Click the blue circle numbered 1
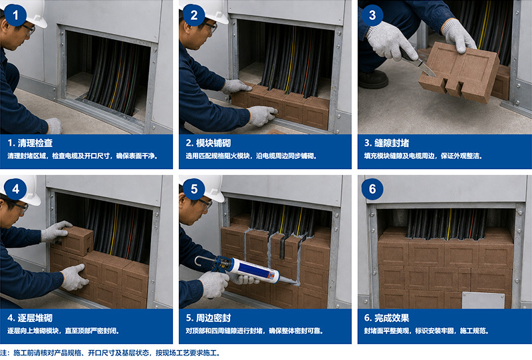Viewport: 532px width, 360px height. click(15, 15)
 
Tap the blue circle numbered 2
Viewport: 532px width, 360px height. click(194, 15)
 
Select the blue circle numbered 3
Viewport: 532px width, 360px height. click(372, 15)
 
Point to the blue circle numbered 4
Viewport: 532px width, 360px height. click(15, 189)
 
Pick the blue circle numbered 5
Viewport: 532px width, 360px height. click(194, 189)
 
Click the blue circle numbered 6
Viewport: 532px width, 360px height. click(372, 189)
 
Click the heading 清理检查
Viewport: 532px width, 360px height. click(35, 143)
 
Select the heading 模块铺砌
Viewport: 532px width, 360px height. click(213, 143)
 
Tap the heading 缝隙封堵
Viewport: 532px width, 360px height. click(392, 143)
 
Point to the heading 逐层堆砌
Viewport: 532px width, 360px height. click(35, 318)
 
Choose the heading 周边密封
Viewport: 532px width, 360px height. click(213, 318)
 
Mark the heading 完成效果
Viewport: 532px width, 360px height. click(392, 318)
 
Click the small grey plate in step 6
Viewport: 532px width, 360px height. click(483, 300)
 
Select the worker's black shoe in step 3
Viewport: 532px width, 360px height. click(373, 79)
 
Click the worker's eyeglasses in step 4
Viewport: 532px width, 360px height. click(18, 206)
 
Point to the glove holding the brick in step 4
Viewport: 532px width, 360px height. click(55, 231)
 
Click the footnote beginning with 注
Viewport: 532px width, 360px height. click(110, 353)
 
